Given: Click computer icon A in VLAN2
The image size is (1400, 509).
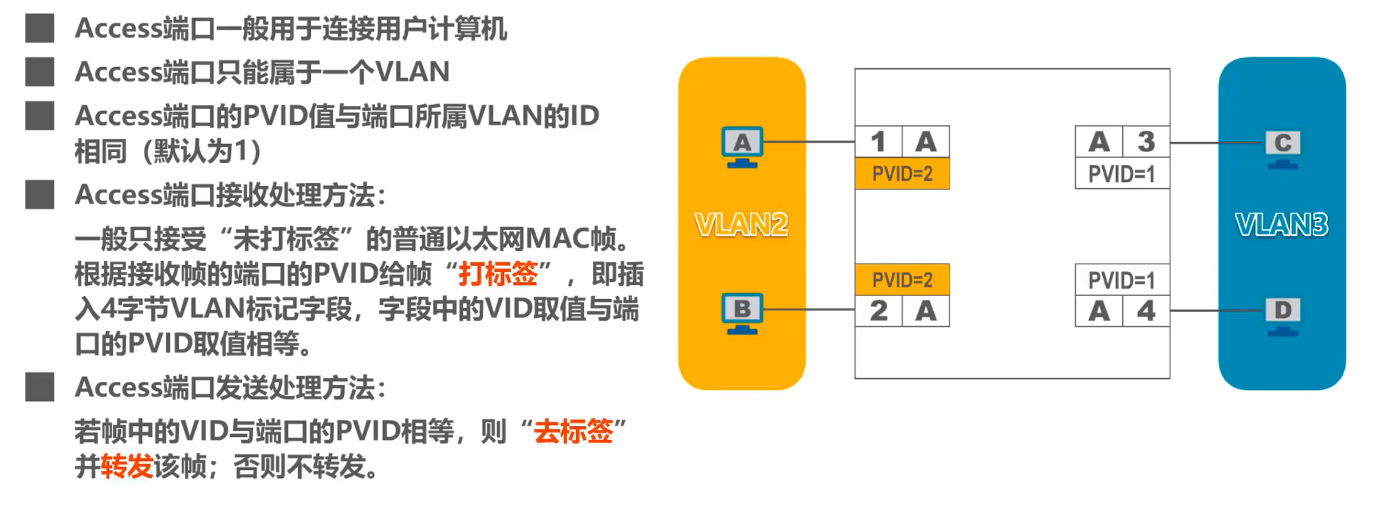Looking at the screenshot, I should pyautogui.click(x=742, y=145).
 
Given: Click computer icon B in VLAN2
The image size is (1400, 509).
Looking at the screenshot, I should pyautogui.click(x=742, y=311).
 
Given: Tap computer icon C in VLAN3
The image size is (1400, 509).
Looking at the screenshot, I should pyautogui.click(x=1283, y=147).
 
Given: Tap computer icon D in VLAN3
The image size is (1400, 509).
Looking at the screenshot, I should pyautogui.click(x=1283, y=314).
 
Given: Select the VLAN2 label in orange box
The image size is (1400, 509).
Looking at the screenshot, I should pyautogui.click(x=741, y=225).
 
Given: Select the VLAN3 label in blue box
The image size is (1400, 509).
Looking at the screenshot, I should pyautogui.click(x=1281, y=225).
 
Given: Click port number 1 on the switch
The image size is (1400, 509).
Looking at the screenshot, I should pyautogui.click(x=878, y=142).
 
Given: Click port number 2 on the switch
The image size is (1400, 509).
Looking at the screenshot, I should pyautogui.click(x=878, y=311).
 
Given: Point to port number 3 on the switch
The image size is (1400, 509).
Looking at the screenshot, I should pyautogui.click(x=1146, y=142).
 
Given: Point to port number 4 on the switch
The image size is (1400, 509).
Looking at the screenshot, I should pyautogui.click(x=1146, y=311).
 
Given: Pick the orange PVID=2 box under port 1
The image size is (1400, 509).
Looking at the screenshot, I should pyautogui.click(x=902, y=174).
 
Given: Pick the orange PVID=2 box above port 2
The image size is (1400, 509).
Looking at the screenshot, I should pyautogui.click(x=902, y=280).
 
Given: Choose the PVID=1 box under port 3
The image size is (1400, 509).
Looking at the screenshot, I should pyautogui.click(x=1121, y=174).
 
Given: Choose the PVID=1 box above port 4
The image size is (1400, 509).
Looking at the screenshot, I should pyautogui.click(x=1121, y=280).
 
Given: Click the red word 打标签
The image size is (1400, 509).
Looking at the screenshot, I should pyautogui.click(x=497, y=274).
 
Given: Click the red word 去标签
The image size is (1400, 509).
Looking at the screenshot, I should pyautogui.click(x=573, y=431).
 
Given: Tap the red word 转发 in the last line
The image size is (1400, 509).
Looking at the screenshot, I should pyautogui.click(x=126, y=466).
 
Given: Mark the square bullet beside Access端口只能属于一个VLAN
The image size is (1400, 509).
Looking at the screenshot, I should pyautogui.click(x=40, y=72).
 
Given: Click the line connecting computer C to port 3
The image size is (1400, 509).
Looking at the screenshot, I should pyautogui.click(x=1217, y=142).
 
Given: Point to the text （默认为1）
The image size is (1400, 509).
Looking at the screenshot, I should pyautogui.click(x=202, y=151).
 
